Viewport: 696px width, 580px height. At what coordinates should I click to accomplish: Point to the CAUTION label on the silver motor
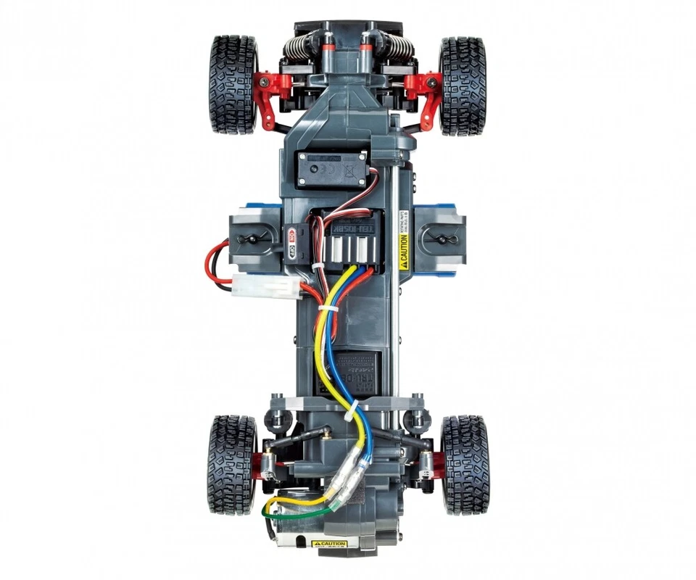tap(329, 544)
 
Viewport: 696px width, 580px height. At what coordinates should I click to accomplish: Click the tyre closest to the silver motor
tap(232, 464)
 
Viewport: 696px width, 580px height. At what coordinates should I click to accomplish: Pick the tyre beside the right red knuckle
tap(462, 86)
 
